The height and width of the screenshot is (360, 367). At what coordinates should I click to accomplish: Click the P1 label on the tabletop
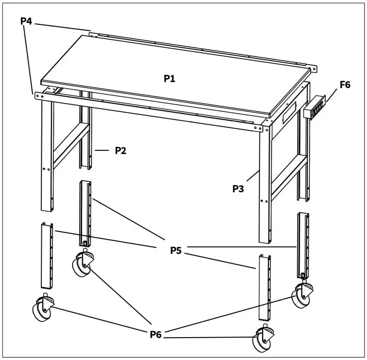click(x=170, y=78)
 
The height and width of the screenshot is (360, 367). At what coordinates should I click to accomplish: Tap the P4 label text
click(x=26, y=21)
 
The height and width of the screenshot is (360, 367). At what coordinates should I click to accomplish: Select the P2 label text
click(x=120, y=150)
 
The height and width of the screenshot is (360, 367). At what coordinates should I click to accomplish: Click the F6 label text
click(x=345, y=85)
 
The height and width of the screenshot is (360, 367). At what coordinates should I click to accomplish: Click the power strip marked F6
click(x=314, y=106)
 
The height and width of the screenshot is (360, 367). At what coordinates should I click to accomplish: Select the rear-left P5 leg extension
click(x=86, y=212)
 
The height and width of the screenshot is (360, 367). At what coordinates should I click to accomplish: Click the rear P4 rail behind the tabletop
click(x=199, y=49)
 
